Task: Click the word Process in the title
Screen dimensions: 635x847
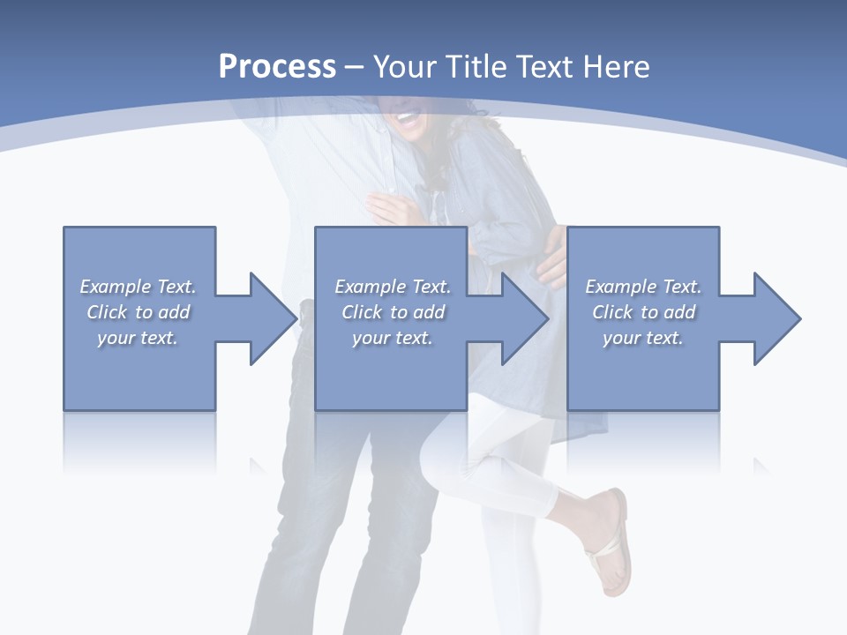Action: (277, 67)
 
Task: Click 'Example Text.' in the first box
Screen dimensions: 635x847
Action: (138, 287)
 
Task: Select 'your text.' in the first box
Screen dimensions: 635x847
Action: (138, 338)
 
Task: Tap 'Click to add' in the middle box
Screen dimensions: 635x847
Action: (393, 312)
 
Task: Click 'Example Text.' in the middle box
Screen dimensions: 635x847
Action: (393, 287)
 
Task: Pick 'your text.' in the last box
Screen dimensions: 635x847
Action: (643, 338)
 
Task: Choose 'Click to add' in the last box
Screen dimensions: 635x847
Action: (643, 312)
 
